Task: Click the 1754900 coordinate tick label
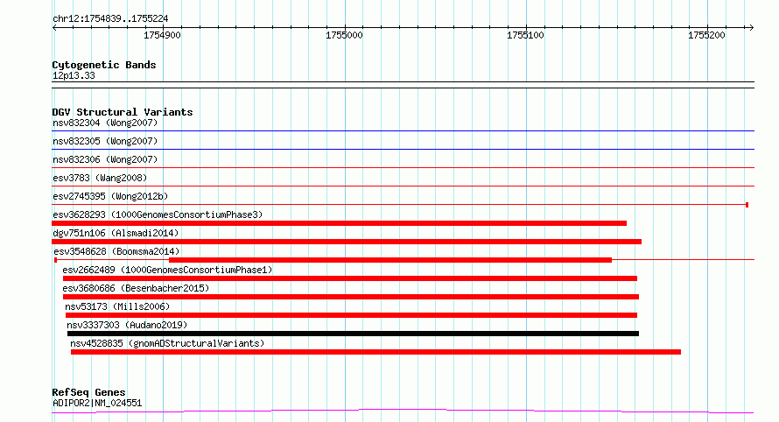point(162,35)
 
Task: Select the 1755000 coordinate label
point(344,35)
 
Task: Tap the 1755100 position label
point(525,35)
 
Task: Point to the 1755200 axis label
point(706,35)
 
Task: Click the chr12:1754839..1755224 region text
point(110,19)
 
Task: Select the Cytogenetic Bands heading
point(104,65)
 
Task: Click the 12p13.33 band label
point(74,75)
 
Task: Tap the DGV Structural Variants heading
point(123,112)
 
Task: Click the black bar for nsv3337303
point(353,334)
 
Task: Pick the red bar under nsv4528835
point(375,352)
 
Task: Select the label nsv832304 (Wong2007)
point(105,123)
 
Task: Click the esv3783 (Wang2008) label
point(100,178)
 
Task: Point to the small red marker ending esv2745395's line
point(747,205)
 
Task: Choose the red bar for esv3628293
point(340,223)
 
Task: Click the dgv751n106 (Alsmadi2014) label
point(116,233)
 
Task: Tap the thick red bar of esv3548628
point(390,260)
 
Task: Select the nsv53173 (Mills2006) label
point(117,306)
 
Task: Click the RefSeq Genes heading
point(88,392)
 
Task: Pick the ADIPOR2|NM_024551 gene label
point(97,403)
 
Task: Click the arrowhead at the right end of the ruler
point(752,28)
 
